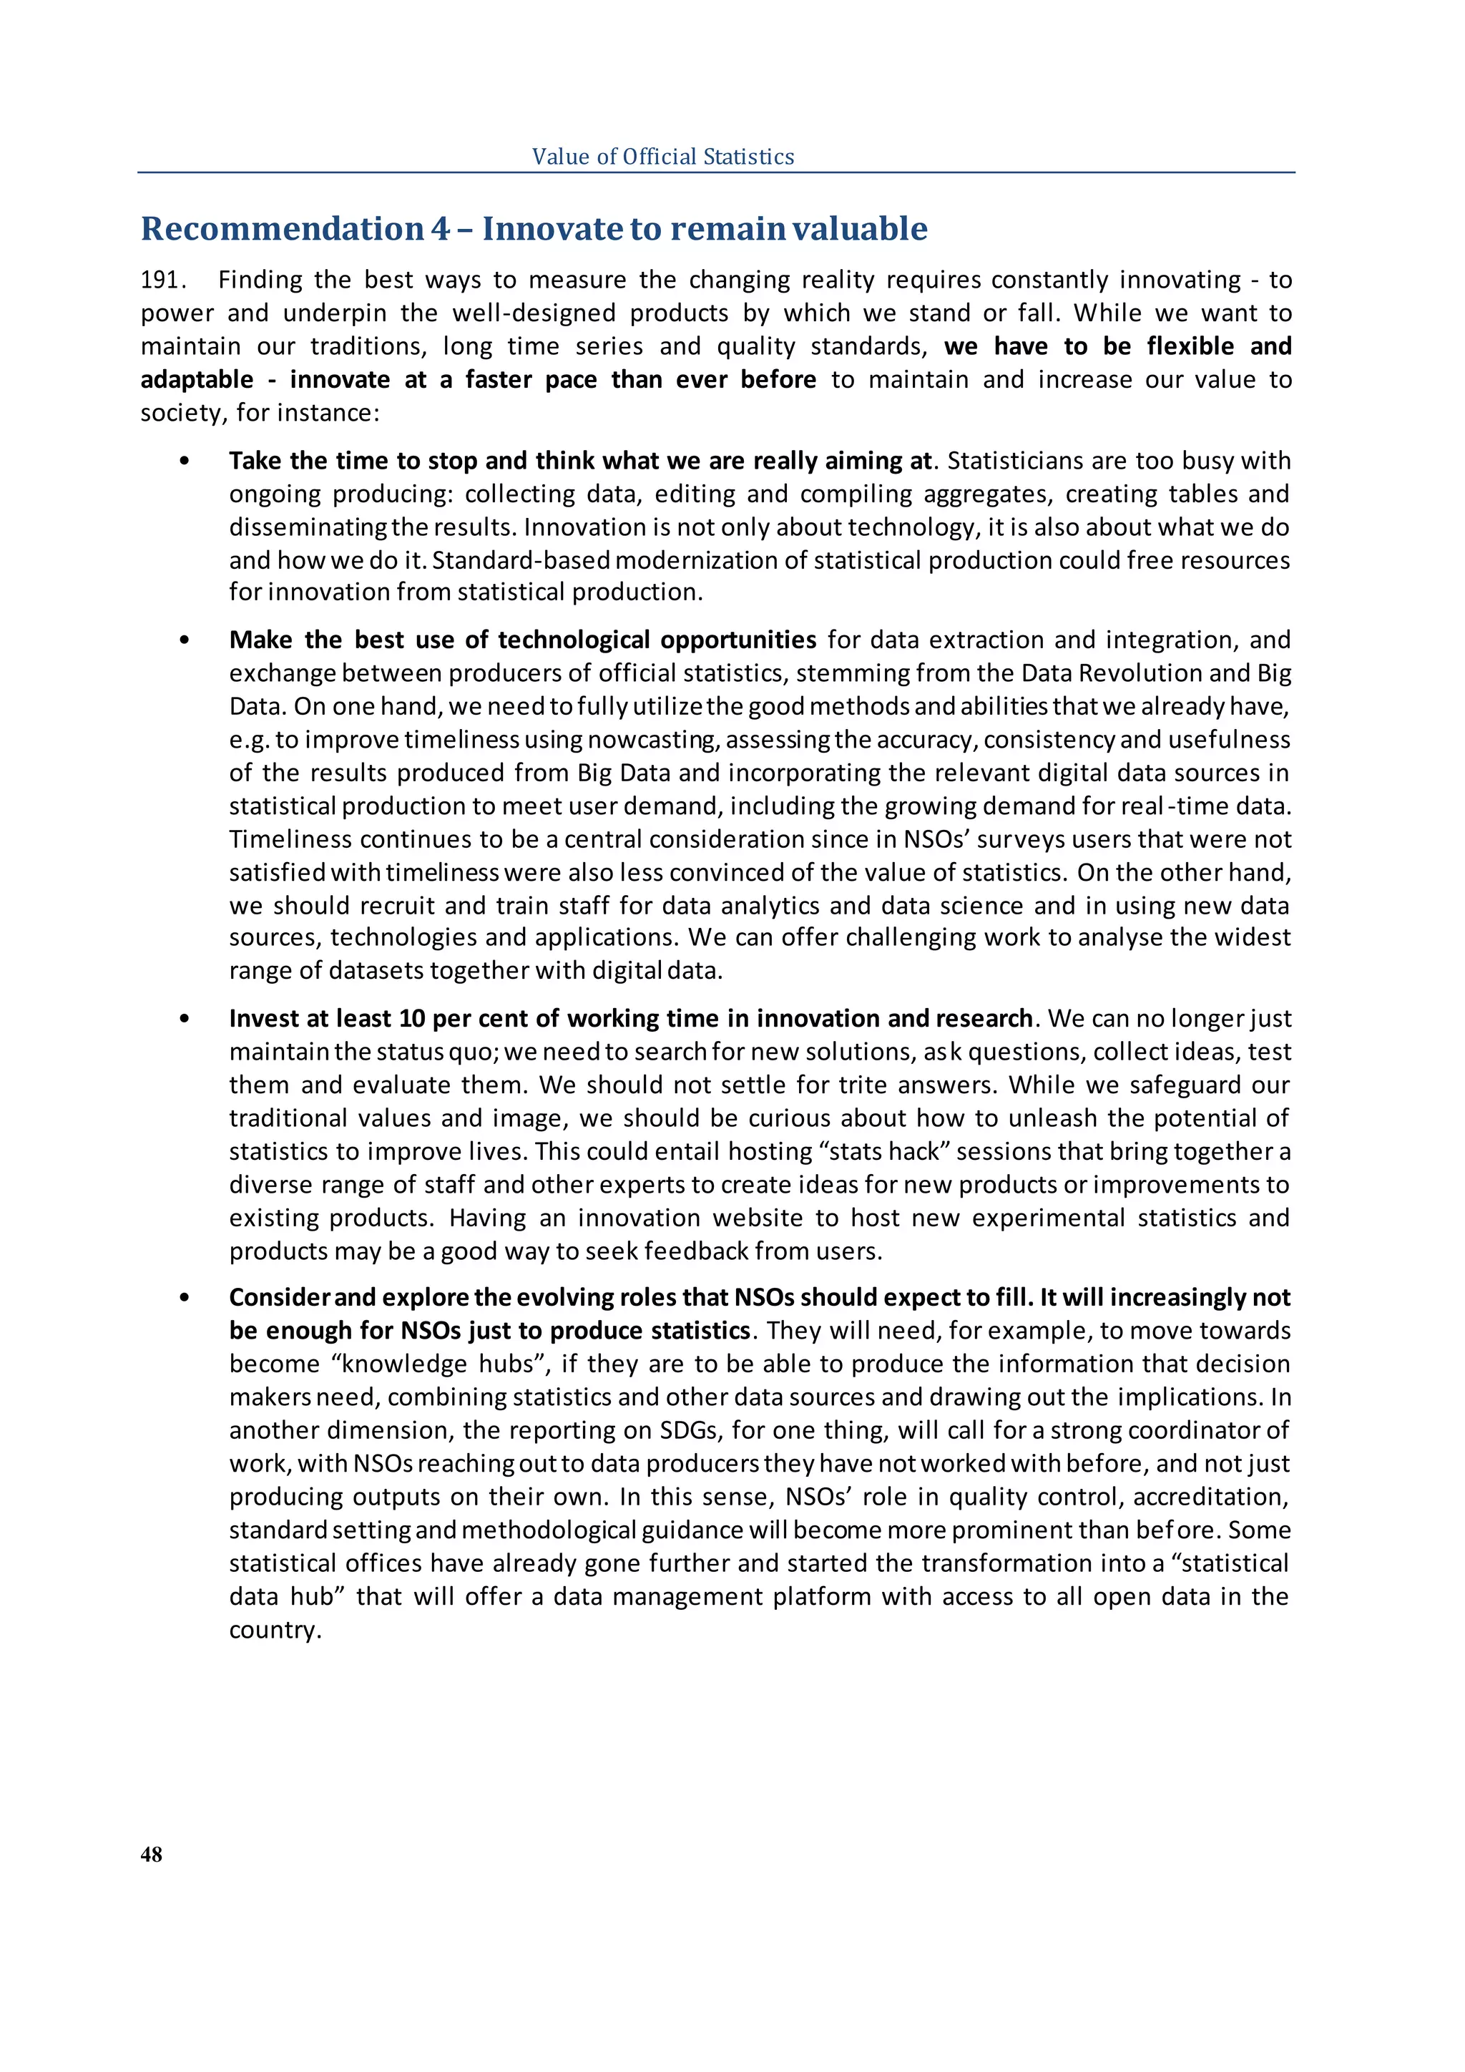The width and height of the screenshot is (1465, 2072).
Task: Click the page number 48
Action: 152,1854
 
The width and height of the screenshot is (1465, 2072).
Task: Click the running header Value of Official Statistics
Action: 663,157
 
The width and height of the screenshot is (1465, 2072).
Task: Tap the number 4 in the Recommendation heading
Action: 440,229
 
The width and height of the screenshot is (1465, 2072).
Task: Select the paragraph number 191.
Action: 162,280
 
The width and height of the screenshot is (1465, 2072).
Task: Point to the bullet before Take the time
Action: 185,462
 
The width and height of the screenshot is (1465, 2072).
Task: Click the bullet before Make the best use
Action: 185,641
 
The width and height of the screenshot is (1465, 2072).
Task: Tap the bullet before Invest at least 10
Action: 185,1020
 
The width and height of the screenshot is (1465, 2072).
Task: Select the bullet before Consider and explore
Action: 185,1299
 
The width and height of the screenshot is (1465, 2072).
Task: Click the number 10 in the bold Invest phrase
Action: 411,1019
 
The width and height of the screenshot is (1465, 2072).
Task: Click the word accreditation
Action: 1209,1497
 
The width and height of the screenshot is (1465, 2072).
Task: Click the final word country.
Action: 274,1630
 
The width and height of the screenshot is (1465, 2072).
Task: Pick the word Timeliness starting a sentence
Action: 290,839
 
